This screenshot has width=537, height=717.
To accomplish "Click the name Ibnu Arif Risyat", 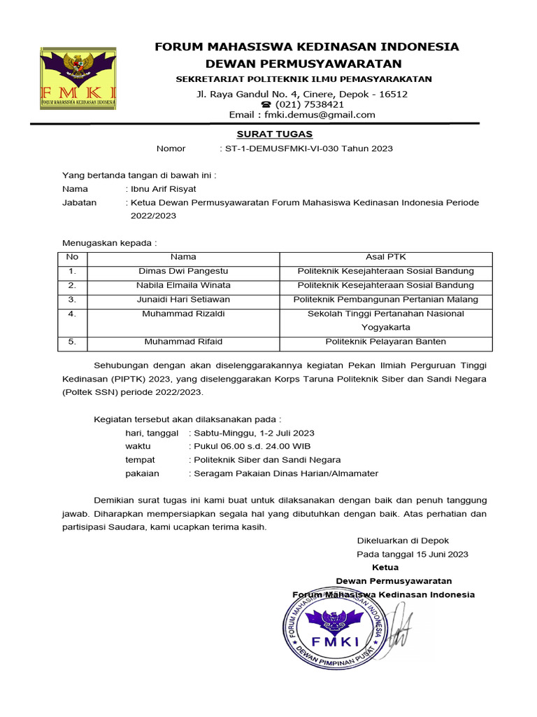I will (x=163, y=188).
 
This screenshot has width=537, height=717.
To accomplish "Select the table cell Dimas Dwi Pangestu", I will (x=183, y=271).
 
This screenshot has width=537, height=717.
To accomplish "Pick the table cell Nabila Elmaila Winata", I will (x=183, y=285).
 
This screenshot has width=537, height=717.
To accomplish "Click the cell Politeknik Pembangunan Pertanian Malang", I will (x=386, y=300).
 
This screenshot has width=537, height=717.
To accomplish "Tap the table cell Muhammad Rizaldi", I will (x=183, y=314).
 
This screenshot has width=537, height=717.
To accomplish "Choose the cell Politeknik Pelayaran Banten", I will (x=386, y=342).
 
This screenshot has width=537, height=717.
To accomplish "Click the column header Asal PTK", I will (x=386, y=257).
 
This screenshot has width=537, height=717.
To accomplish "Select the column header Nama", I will (x=183, y=257).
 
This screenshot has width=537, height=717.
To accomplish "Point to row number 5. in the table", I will (x=72, y=342).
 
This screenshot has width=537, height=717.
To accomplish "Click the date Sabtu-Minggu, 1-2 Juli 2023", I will (x=254, y=433).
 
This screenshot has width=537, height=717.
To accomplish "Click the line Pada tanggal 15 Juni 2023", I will (x=413, y=554).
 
